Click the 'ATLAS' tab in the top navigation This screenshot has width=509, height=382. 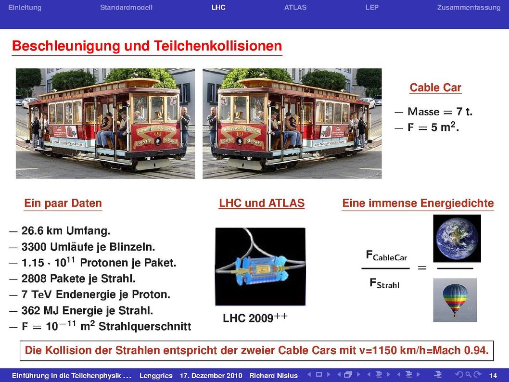point(295,8)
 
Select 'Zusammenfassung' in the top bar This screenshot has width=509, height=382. point(469,8)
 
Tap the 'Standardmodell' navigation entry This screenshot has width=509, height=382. point(126,8)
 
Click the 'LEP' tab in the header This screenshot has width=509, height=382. point(372,8)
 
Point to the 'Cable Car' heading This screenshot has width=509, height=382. point(435,87)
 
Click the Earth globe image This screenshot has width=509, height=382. point(457,239)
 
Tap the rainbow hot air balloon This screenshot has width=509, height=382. point(455,300)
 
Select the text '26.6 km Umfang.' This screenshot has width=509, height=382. point(66,231)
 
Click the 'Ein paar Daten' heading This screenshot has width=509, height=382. point(63,203)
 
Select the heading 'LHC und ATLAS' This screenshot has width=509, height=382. point(262,203)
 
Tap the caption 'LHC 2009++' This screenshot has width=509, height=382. point(255,318)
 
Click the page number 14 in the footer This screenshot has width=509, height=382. point(493,376)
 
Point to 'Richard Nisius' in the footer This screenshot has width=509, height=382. point(273,376)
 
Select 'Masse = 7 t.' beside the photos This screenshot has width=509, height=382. point(440,112)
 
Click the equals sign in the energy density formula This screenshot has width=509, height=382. point(422,268)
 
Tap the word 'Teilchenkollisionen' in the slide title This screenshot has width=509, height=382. point(218,46)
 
